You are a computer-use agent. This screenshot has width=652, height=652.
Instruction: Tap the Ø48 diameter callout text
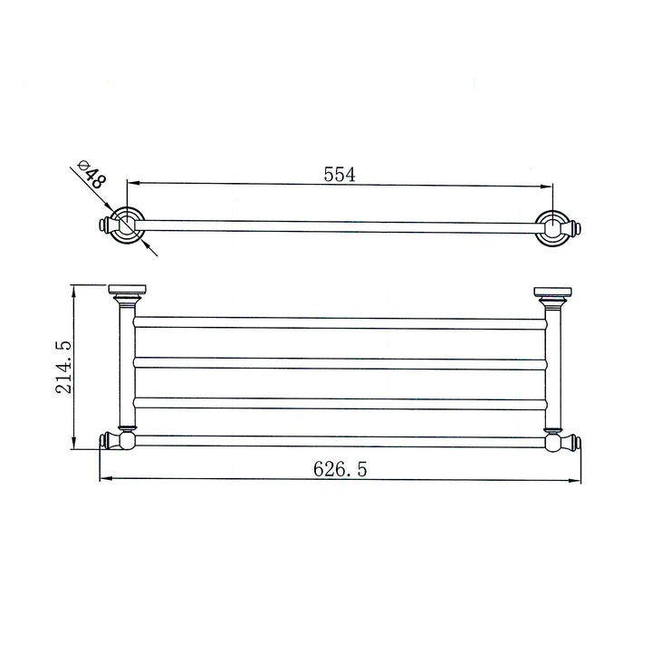(x=92, y=175)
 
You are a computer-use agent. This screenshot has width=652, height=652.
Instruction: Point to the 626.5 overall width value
(x=340, y=468)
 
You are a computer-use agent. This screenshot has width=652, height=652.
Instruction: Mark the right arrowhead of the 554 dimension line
(x=548, y=187)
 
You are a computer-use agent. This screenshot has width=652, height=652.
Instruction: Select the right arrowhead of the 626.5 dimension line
(x=575, y=479)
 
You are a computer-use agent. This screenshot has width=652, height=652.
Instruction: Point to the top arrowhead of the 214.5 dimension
(x=75, y=290)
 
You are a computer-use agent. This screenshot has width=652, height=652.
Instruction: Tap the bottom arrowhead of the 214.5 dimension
(x=75, y=445)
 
